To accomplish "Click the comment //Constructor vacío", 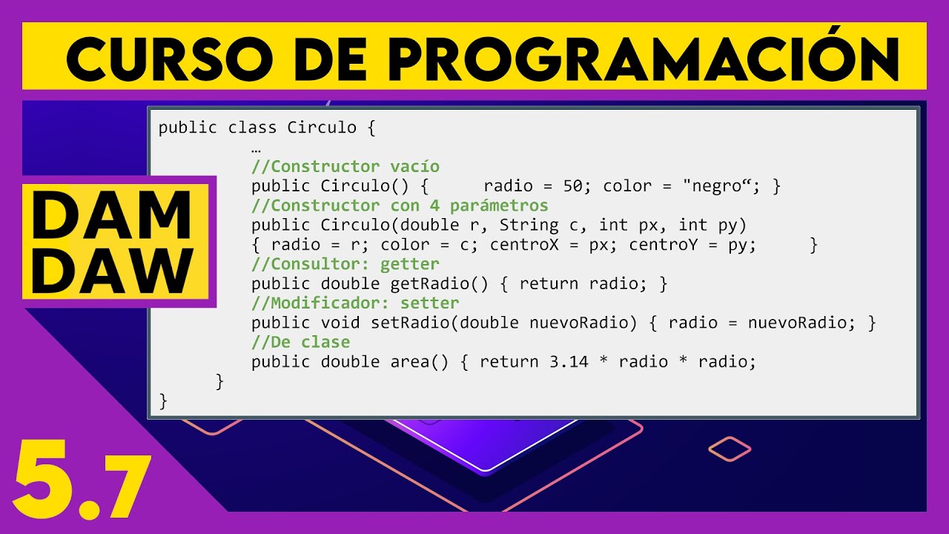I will tap(345, 166).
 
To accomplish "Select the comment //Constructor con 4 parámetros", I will tap(400, 205).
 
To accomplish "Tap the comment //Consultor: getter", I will tap(345, 263).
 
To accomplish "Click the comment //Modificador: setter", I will tap(355, 303).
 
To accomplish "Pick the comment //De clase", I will tap(300, 342).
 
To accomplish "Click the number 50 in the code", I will tap(573, 185).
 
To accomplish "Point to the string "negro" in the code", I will tap(717, 185).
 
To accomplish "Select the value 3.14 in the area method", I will tap(569, 361).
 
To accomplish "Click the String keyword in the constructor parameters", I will tap(529, 225).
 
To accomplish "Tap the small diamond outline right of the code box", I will tap(730, 448).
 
